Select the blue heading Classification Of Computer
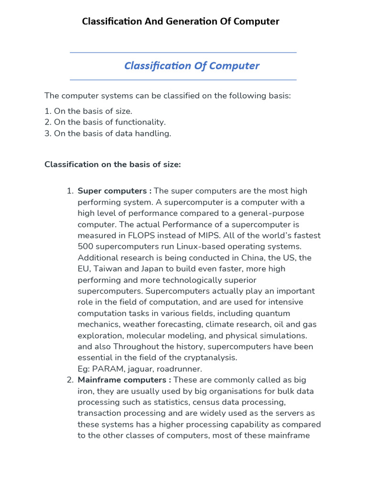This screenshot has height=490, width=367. coord(192,66)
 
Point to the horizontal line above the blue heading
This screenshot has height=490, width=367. coord(183,53)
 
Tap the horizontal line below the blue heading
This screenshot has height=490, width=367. coord(183,80)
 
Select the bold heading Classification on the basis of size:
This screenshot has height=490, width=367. coord(113,165)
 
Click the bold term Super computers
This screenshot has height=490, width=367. coord(112,191)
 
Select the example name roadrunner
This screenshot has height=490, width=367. coord(181,369)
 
